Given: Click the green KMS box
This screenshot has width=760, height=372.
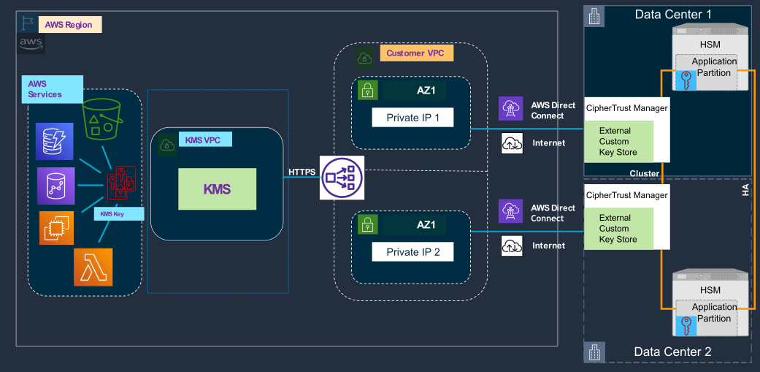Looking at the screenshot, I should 218,189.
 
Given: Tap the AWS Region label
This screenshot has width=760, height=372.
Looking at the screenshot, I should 69,25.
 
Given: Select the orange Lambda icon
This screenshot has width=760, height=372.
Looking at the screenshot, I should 93,267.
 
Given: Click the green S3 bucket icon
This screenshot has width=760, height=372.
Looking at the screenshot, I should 102,120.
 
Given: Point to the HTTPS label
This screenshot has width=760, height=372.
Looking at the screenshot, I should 302,172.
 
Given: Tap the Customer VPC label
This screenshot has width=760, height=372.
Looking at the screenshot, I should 415,53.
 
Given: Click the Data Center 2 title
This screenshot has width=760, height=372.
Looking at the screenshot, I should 672,352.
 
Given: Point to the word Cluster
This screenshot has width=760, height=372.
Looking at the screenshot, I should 645,172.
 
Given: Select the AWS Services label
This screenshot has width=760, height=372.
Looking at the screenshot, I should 45,89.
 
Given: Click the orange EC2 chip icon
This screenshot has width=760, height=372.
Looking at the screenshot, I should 55,227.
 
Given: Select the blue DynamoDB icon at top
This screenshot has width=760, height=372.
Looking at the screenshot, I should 55,141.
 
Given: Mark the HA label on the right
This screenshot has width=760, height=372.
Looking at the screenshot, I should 745,190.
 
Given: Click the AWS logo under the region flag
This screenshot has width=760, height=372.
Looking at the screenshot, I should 31,43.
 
